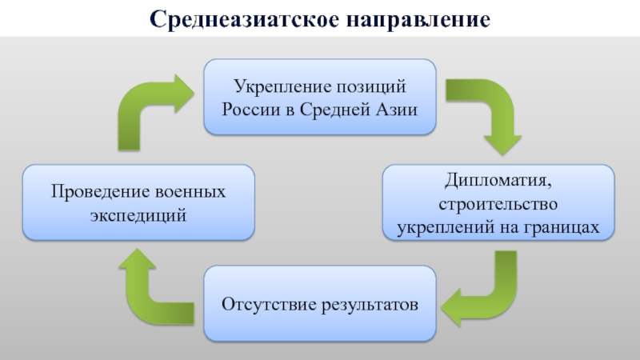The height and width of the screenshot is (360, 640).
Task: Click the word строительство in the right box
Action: [x=498, y=206]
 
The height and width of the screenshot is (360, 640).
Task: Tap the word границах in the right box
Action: [x=564, y=228]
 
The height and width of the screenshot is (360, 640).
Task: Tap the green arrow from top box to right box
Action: [x=484, y=112]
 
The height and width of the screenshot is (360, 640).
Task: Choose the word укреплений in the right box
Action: [x=441, y=228]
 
